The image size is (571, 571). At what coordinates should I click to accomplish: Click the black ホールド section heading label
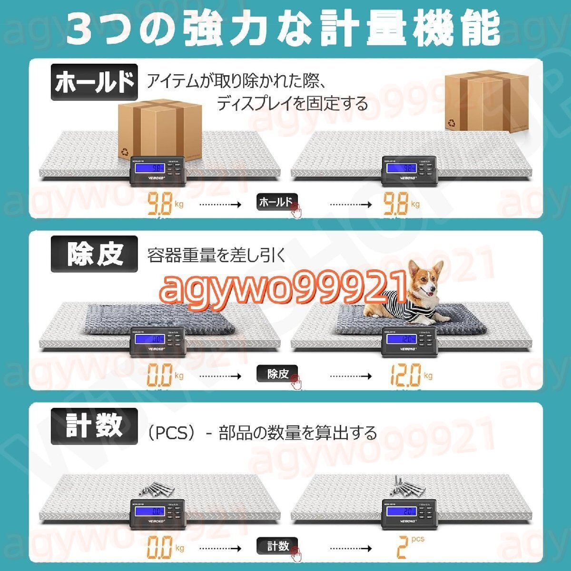point(94,83)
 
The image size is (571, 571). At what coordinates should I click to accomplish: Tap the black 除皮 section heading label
point(94,254)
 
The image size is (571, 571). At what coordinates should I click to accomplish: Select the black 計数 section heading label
point(94,425)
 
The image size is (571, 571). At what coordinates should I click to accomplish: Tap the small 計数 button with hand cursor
point(277,545)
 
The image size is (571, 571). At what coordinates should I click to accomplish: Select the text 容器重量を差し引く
point(217,256)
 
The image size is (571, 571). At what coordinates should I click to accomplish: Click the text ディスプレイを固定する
point(292,103)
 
